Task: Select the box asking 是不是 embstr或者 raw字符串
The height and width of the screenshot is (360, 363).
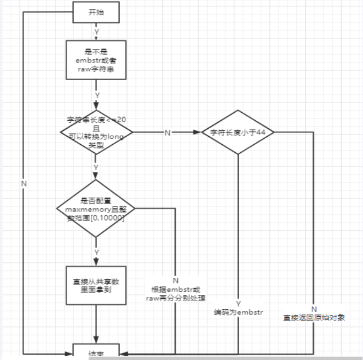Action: tap(97, 60)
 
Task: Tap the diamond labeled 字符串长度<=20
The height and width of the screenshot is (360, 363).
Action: tap(97, 131)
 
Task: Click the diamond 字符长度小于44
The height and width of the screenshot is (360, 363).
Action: tap(238, 132)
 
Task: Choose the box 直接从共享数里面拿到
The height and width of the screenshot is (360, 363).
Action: tap(97, 285)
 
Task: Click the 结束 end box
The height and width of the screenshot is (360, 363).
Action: tap(97, 354)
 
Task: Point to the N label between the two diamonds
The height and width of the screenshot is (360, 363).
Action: tap(167, 133)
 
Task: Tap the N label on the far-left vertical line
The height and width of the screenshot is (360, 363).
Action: tap(23, 183)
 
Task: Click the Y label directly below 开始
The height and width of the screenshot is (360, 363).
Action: tap(97, 32)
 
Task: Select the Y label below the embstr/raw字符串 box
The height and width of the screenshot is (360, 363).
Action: tap(97, 95)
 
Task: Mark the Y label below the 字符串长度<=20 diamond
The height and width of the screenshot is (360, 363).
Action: tap(97, 167)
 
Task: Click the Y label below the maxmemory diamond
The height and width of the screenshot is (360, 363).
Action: tap(97, 251)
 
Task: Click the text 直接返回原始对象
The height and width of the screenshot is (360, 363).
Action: tap(314, 318)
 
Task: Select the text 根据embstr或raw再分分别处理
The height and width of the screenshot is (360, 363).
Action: tap(176, 294)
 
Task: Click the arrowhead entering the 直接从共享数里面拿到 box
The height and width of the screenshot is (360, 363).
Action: tap(97, 263)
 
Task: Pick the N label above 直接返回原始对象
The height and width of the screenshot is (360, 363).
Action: tap(314, 309)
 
